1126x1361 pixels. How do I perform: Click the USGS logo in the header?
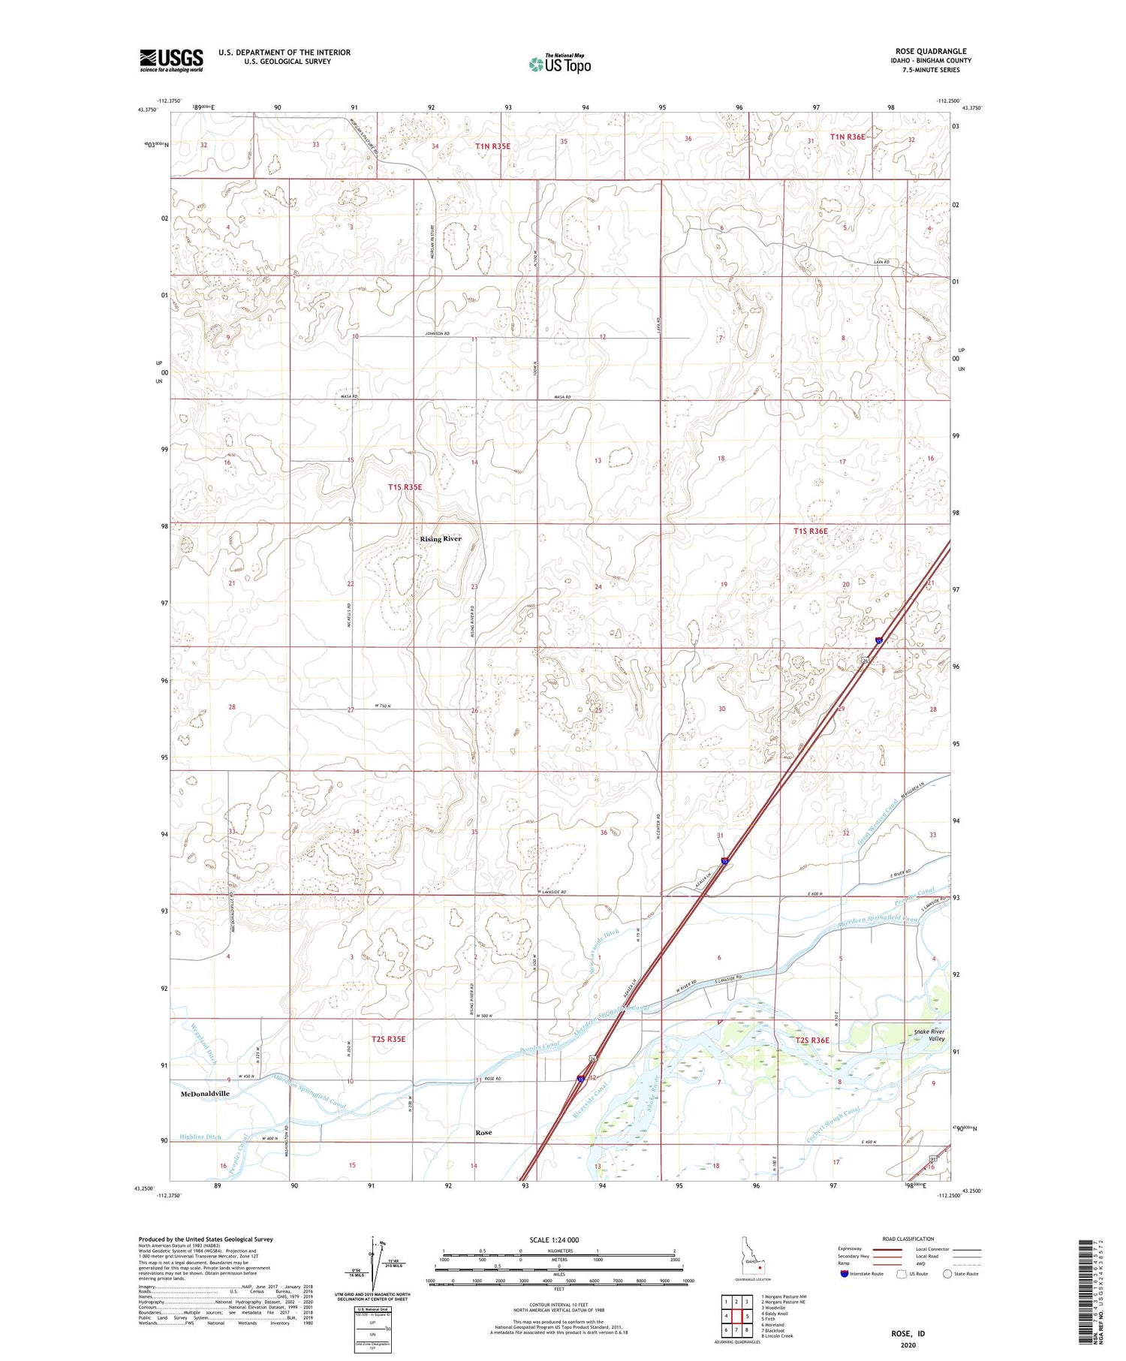(x=171, y=60)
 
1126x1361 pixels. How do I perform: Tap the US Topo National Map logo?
(x=559, y=65)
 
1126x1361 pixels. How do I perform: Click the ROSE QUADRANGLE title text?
(x=930, y=51)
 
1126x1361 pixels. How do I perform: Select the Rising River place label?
(x=441, y=539)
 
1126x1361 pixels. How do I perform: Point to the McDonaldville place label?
(x=205, y=1094)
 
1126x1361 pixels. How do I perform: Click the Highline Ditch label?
(x=200, y=1137)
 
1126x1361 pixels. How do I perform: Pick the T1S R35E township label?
(x=405, y=487)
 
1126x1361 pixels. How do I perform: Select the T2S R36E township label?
(x=813, y=1040)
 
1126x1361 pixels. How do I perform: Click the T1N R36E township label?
(x=848, y=137)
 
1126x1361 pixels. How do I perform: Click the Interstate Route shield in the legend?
(x=844, y=1273)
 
